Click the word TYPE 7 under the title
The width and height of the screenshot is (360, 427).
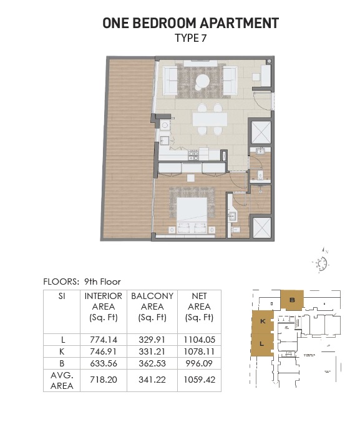point(190,37)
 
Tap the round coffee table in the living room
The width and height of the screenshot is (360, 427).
point(203,81)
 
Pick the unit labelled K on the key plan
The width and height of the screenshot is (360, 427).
point(262,321)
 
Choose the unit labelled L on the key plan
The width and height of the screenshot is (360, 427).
point(262,344)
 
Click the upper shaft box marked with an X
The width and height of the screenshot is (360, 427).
point(260,132)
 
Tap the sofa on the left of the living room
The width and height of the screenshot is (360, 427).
point(171,81)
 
